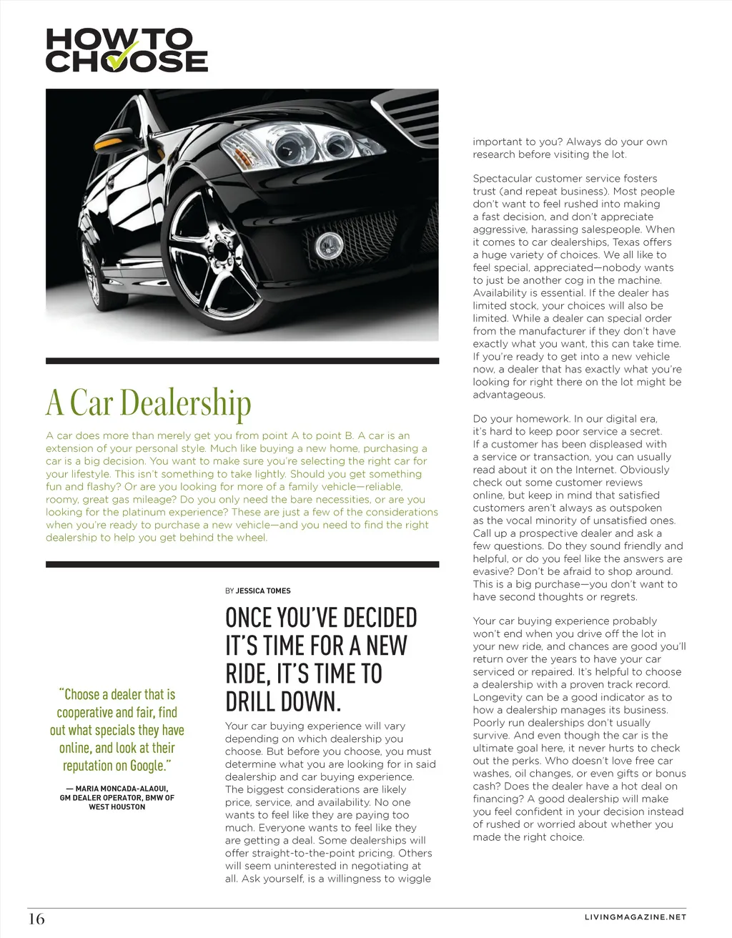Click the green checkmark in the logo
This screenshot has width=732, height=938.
pyautogui.click(x=122, y=56)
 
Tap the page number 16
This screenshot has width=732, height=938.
pyautogui.click(x=36, y=919)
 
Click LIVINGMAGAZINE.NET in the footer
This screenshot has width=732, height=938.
pyautogui.click(x=635, y=917)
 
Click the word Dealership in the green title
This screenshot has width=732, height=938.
pyautogui.click(x=186, y=403)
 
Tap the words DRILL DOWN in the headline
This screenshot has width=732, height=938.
pyautogui.click(x=283, y=701)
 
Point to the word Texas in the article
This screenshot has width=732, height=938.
pyautogui.click(x=626, y=242)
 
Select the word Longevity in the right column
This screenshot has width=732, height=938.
pyautogui.click(x=499, y=697)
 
